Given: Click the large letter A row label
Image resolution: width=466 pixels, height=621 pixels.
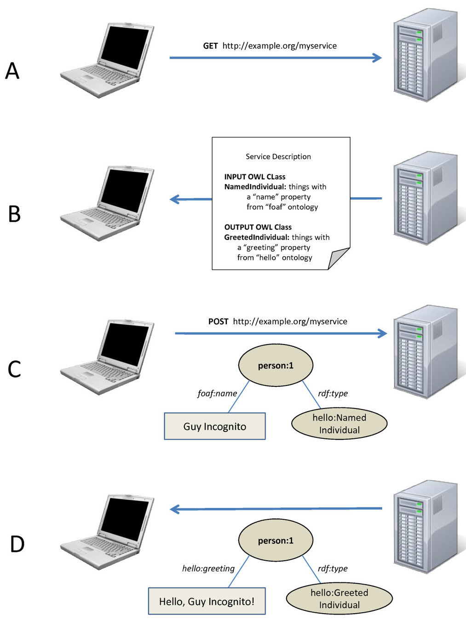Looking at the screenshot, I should click(12, 71).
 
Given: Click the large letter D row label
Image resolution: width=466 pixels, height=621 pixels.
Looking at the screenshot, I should click(17, 544).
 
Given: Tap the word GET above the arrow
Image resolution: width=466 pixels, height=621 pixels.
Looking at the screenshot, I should click(210, 46).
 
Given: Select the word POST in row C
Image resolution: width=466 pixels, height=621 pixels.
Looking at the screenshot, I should click(218, 322).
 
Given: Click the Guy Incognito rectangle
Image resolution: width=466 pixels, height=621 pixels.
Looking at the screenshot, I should click(215, 426).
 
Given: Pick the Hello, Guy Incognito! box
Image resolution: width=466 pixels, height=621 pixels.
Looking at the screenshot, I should click(207, 601).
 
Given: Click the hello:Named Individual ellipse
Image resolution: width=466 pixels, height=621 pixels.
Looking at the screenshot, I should click(339, 424).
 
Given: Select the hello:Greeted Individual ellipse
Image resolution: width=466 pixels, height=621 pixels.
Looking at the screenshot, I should click(339, 598).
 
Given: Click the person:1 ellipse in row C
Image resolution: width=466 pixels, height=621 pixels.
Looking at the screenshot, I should click(276, 366).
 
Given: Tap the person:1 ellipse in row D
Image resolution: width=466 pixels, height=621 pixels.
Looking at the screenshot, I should click(276, 540).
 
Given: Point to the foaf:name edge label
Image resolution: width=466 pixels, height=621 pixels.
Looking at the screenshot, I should click(217, 393).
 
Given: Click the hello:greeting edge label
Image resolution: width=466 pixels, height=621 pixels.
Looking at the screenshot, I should click(208, 569).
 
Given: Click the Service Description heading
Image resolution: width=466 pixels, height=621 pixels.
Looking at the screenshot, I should click(278, 156).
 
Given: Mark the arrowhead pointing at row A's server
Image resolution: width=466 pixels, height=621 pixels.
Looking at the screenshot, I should click(377, 57).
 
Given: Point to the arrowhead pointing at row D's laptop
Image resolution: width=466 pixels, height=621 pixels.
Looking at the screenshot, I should click(174, 509).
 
